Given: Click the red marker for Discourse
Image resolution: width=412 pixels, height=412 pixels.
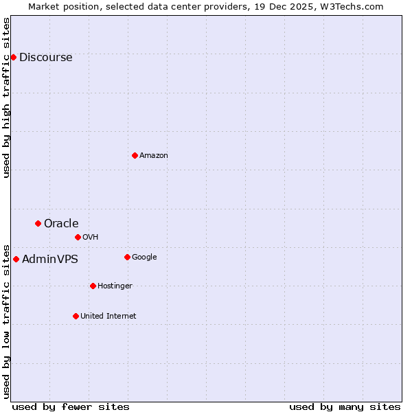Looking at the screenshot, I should (x=13, y=57).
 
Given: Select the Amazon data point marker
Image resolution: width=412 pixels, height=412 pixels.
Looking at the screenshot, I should (x=135, y=155).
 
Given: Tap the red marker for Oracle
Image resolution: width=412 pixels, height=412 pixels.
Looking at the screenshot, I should (x=38, y=223).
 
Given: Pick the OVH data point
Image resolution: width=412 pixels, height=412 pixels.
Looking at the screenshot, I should (x=78, y=237).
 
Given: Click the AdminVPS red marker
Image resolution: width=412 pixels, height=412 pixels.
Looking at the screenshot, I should (x=16, y=259).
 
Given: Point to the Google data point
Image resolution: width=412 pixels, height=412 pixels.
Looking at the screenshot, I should (x=127, y=257).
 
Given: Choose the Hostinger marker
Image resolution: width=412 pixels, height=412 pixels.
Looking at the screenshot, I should (x=93, y=286).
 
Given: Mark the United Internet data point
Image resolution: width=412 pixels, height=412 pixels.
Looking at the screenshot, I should (x=76, y=316).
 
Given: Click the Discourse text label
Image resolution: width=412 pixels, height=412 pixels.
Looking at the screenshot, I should (x=45, y=58).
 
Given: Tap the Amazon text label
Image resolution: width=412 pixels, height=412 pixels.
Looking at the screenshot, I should (x=154, y=156).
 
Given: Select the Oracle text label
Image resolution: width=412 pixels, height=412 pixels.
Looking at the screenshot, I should (x=61, y=224).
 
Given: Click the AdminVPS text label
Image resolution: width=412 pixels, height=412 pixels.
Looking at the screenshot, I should (x=49, y=260).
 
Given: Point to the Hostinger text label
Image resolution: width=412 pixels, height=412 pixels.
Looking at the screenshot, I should (x=115, y=286).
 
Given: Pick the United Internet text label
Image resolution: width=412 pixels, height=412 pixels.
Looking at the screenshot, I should (x=108, y=317).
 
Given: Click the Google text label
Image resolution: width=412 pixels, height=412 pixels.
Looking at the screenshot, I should (x=144, y=257).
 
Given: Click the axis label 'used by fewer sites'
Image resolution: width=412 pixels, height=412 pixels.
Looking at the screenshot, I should (x=71, y=407).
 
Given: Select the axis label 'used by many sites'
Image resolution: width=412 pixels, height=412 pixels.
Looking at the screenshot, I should (x=345, y=407).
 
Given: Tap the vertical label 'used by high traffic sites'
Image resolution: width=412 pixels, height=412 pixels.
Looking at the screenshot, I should (x=7, y=98).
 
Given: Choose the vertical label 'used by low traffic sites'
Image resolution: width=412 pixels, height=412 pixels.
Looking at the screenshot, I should (x=7, y=321).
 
